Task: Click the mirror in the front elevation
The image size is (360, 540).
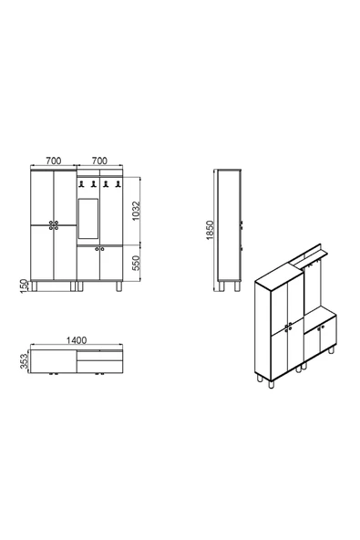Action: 88,217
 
